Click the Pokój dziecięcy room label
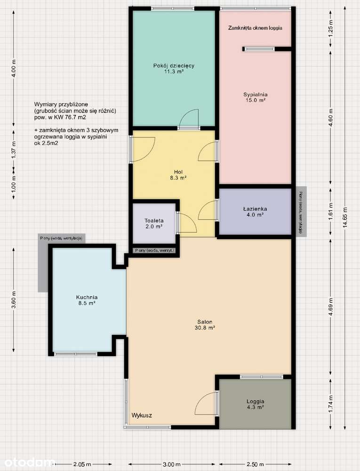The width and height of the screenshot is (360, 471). pos(174,69)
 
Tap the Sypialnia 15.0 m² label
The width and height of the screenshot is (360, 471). pos(255,97)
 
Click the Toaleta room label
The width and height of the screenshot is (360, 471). pos(154,223)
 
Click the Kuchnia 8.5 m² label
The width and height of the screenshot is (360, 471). pos(87,300)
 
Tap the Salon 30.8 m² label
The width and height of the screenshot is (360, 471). pos(206,325)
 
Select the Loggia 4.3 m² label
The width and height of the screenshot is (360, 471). pos(255,404)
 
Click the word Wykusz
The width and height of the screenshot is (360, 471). pos(142,415)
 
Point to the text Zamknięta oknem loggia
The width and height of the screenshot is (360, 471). pos(255,28)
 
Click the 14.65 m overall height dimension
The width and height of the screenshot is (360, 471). pos(345,217)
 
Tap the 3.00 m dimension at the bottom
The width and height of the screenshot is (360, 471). pos(171,464)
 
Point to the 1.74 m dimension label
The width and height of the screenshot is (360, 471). pos(330,405)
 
